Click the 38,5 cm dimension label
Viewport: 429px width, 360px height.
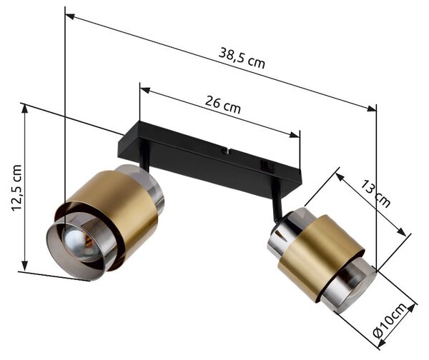pos(242,59)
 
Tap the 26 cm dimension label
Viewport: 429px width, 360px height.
pos(223,104)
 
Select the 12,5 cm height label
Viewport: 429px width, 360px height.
pos(16,188)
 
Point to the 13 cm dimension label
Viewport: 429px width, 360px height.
pos(375,194)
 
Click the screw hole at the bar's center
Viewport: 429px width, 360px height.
pos(225,151)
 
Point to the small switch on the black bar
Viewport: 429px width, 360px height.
pos(267,166)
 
